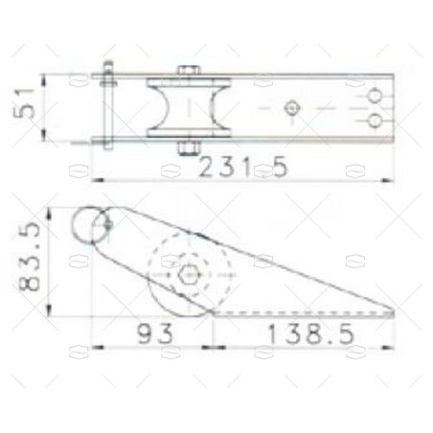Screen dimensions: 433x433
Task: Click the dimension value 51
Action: click(30, 101)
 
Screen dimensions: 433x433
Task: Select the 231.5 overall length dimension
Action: click(243, 168)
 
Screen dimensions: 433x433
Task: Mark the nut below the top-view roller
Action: click(189, 148)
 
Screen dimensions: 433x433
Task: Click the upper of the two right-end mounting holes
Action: click(376, 95)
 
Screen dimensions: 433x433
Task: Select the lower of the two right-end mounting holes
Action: click(376, 121)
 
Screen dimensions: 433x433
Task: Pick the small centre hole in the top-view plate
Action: click(292, 107)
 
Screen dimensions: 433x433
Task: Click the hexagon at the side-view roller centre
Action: click(190, 275)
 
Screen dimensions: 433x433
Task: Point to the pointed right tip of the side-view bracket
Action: click(394, 311)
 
